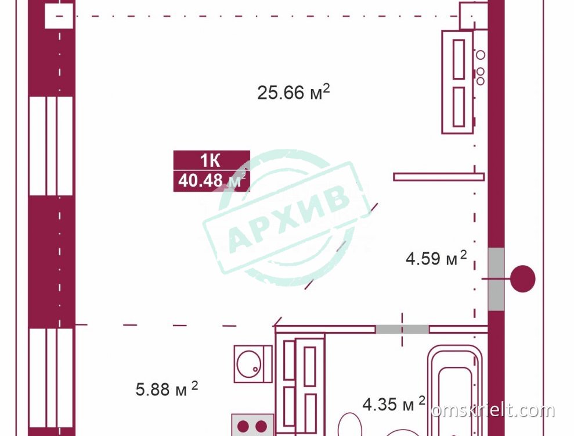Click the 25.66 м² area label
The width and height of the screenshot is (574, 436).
(293, 92)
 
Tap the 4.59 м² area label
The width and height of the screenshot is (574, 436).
(436, 258)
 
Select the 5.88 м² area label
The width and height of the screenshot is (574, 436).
(167, 389)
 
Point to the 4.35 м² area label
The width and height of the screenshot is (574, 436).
(394, 403)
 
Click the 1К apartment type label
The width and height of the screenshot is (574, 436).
(210, 160)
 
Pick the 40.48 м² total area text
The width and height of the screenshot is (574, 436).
(212, 180)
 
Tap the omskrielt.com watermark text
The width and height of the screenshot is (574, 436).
(493, 410)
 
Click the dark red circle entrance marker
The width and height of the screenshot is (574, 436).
(523, 278)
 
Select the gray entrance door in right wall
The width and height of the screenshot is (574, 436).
(496, 279)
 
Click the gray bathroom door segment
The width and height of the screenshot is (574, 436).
(402, 329)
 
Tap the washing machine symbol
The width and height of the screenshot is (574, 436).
(253, 364)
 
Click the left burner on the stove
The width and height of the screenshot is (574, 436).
(243, 427)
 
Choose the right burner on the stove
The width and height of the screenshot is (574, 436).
(261, 427)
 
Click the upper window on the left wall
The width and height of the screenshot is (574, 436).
(51, 146)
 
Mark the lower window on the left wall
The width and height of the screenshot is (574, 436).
(51, 378)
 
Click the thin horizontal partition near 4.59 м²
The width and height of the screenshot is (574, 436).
(439, 177)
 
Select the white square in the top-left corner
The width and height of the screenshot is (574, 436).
(59, 16)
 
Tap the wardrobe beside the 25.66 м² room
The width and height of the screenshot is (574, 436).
(457, 82)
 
